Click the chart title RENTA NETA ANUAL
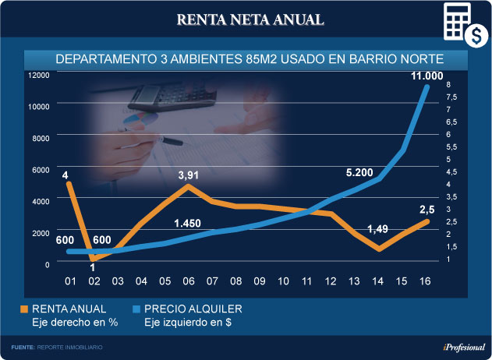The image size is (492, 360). [x=250, y=19]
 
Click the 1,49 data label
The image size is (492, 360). [x=377, y=228]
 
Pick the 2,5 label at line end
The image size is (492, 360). [x=427, y=209]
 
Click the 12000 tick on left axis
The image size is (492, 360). [x=39, y=75]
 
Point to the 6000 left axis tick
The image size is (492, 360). [x=41, y=170]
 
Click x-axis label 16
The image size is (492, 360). [x=425, y=281]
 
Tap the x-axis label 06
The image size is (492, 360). [x=188, y=281]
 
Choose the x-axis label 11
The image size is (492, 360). [x=306, y=281]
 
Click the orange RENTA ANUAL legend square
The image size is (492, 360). [x=23, y=309]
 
